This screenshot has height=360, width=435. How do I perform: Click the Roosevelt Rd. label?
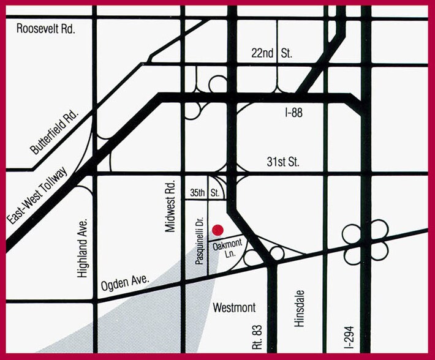tap(46, 29)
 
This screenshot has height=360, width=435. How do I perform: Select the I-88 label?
tap(294, 113)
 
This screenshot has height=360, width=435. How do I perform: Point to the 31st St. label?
tap(282, 162)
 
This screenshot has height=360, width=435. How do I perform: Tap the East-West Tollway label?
tap(39, 193)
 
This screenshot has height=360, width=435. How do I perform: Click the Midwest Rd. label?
tap(170, 206)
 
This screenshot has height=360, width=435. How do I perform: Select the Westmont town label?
tap(233, 307)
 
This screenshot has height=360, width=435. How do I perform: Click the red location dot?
tap(217, 230)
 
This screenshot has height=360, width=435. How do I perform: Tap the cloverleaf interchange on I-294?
tap(366, 244)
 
